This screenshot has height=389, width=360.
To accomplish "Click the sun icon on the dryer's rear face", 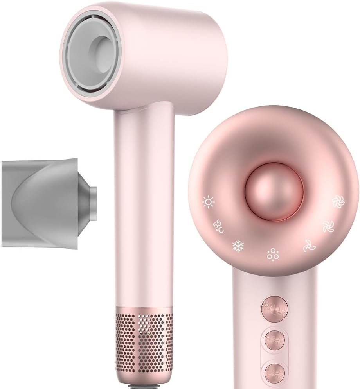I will (x=208, y=202).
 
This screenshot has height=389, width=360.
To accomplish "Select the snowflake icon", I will (x=238, y=246).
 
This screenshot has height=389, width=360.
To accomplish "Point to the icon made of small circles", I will (x=272, y=254).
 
